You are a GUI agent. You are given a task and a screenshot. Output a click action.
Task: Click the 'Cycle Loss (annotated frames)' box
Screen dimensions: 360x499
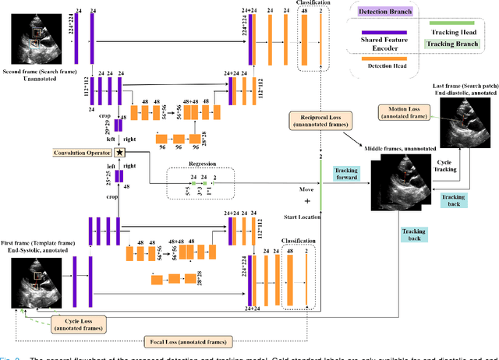click(x=77, y=322)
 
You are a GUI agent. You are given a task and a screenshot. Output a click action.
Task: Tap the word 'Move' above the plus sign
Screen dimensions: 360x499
click(x=296, y=188)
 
